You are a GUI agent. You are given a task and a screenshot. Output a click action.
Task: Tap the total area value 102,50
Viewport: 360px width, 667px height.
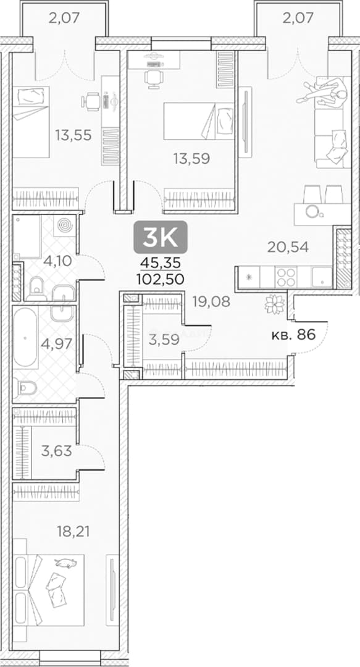tap(161, 279)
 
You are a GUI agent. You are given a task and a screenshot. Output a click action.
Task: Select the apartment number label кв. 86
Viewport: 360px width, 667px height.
tap(293, 335)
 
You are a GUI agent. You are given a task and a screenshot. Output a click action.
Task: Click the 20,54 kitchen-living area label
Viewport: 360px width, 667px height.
tap(288, 246)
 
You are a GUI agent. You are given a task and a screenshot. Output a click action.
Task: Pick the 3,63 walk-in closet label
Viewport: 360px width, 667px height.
tap(57, 450)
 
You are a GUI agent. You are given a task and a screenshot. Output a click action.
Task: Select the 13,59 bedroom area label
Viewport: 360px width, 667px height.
tap(191, 159)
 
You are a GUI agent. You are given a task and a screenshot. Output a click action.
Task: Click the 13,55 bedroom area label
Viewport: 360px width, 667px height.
tap(73, 135)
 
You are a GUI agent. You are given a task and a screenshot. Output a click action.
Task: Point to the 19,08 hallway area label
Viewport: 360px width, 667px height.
tap(211, 301)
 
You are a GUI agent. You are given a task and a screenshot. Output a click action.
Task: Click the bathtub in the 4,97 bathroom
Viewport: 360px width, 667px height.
tap(25, 338)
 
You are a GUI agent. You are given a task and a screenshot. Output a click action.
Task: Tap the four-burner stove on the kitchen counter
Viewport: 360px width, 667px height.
tap(285, 277)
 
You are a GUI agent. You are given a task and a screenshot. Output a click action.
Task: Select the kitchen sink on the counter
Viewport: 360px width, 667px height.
tap(321, 277)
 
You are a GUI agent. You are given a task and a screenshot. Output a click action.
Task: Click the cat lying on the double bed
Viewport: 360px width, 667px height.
tap(66, 563)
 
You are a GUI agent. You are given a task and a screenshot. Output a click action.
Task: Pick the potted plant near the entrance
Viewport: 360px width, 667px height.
tap(274, 304)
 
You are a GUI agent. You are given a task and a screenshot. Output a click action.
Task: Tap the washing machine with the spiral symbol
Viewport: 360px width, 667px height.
tap(65, 225)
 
